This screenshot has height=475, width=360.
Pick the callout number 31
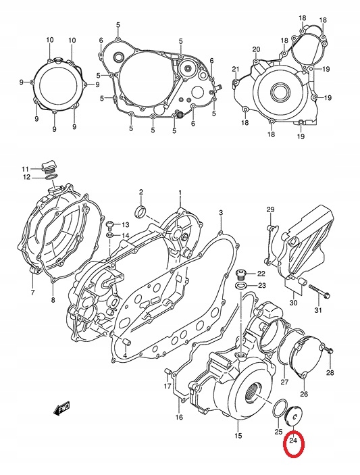click(x=318, y=311)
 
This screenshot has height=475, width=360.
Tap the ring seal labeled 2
click(x=141, y=213)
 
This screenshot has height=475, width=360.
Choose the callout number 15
click(x=237, y=436)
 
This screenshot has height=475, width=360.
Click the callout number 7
click(x=32, y=293)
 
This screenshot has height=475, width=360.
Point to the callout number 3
click(x=221, y=214)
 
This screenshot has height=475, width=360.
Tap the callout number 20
click(x=256, y=49)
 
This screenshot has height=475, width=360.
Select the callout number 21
click(x=236, y=70)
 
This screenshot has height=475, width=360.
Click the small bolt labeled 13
click(x=107, y=223)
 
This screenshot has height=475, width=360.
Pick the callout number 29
click(x=270, y=209)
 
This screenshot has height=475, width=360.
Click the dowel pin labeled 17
click(x=167, y=370)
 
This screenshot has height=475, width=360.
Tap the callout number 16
click(x=179, y=418)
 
